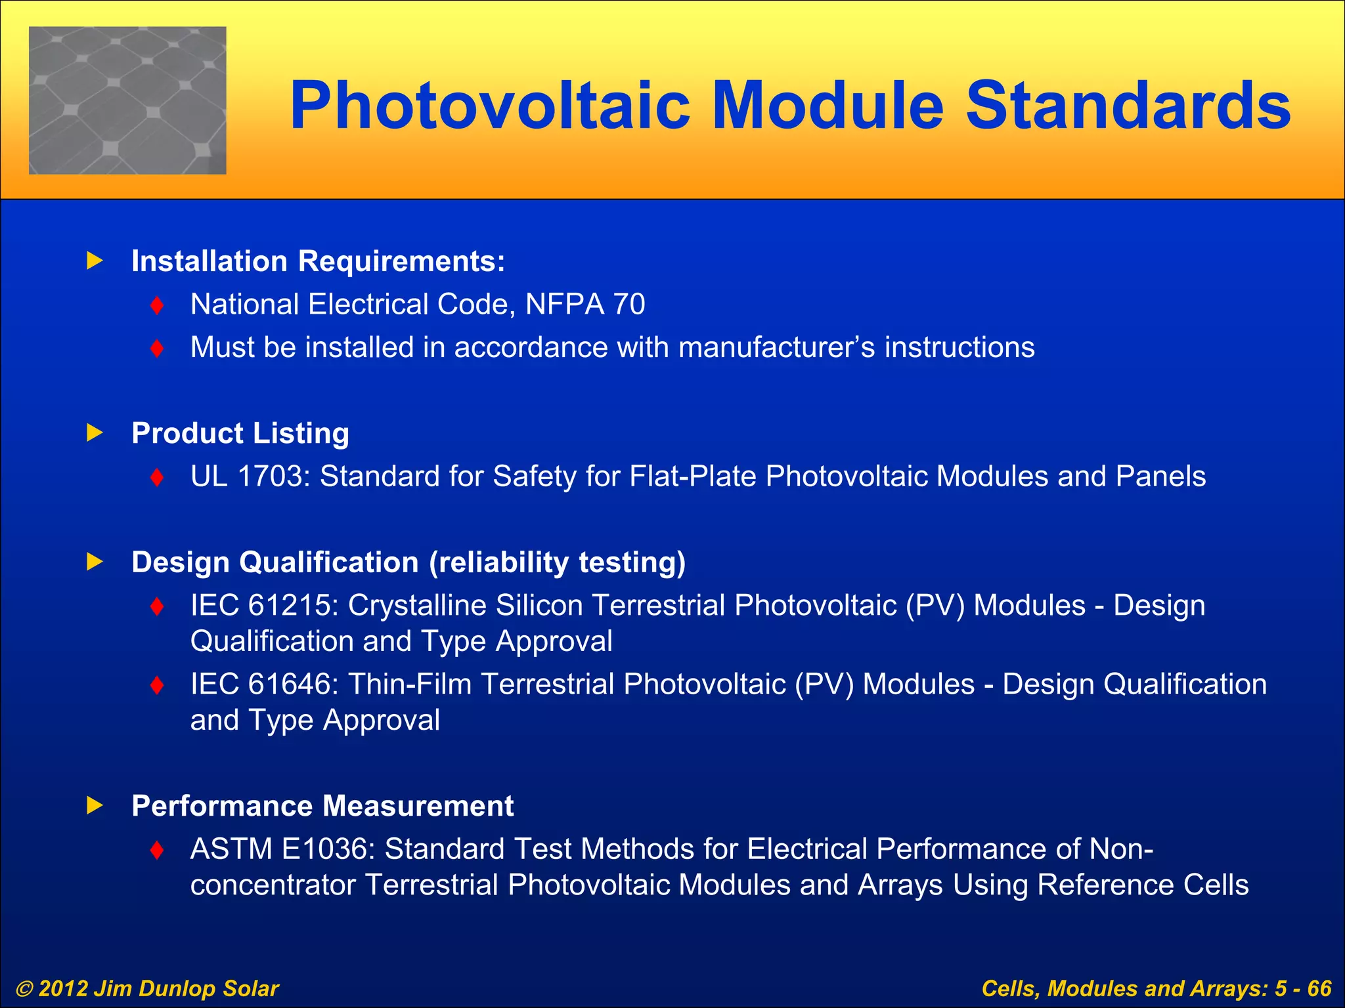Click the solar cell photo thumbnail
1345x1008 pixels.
tap(127, 100)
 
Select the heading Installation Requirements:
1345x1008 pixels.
tap(319, 261)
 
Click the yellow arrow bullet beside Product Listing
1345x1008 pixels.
tap(95, 432)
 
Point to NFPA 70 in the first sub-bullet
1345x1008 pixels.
tap(585, 304)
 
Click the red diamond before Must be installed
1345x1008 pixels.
tap(157, 348)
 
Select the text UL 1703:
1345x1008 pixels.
tap(250, 476)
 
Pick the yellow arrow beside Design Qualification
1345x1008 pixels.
tap(95, 562)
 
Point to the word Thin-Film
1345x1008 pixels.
tap(409, 684)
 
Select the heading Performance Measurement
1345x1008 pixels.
tap(322, 806)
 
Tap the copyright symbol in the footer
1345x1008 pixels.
tap(24, 989)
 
